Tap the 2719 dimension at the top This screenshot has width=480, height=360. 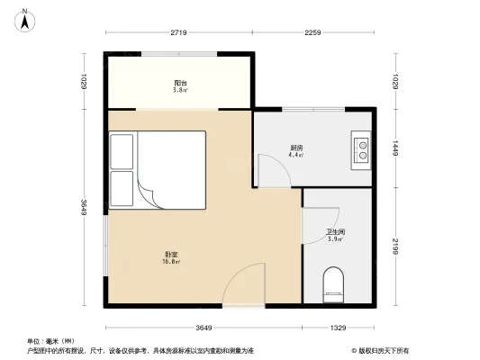177,34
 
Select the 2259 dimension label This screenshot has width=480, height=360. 312,34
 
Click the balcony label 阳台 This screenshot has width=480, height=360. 180,84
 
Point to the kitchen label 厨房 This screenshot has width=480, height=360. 295,147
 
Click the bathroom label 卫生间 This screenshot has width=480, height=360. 335,231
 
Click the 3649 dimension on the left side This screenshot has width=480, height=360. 83,207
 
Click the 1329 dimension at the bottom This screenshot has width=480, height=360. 338,327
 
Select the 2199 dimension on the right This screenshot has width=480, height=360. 395,246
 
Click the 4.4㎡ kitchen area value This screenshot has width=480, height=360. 295,155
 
